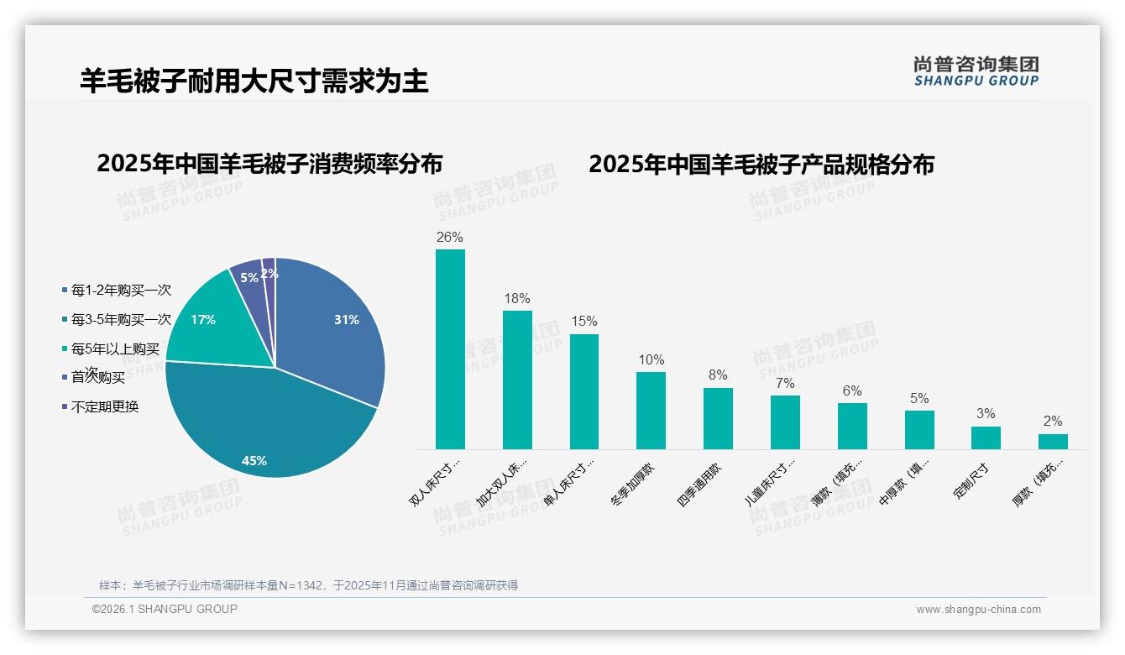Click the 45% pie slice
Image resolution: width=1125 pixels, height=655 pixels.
[x=260, y=428]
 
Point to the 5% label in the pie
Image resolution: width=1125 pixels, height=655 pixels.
[x=249, y=277]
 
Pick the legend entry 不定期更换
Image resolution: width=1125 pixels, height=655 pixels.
[x=104, y=406]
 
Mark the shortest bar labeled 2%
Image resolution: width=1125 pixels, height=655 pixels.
[x=1053, y=441]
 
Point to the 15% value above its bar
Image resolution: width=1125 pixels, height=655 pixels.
[x=583, y=322]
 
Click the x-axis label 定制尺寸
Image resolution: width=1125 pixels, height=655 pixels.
[x=971, y=481]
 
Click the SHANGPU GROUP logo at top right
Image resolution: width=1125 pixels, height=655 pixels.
[x=976, y=71]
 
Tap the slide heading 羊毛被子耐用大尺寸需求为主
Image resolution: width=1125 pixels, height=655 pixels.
[x=254, y=81]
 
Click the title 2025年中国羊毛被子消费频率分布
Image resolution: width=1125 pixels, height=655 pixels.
[x=269, y=164]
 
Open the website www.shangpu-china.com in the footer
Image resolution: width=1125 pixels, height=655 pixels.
[x=978, y=610]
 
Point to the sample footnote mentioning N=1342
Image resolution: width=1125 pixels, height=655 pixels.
[x=308, y=585]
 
